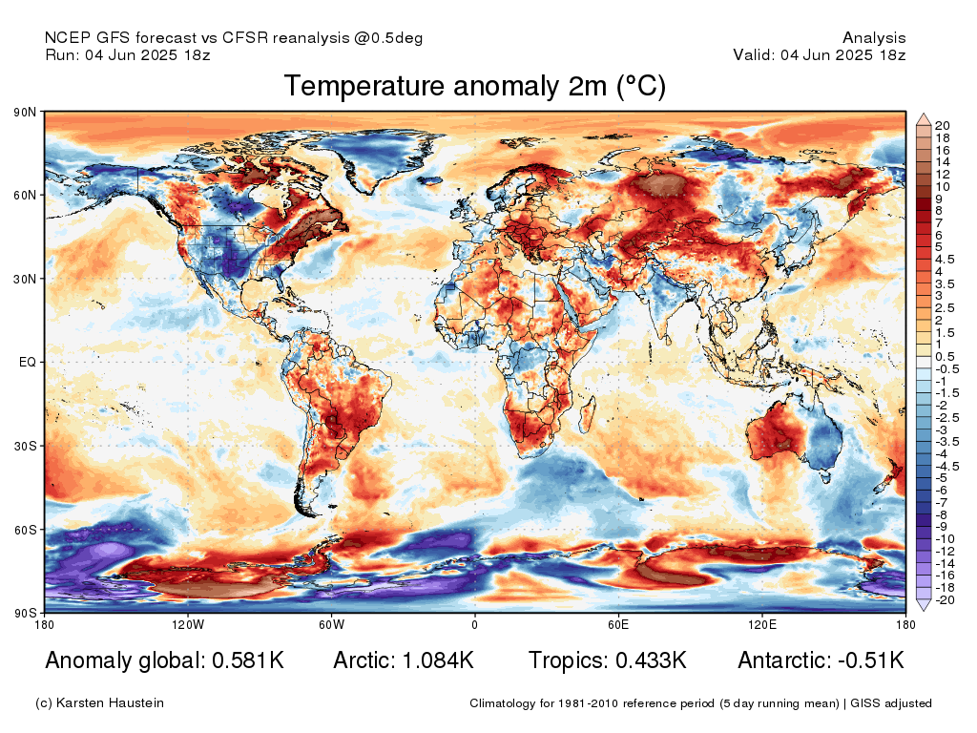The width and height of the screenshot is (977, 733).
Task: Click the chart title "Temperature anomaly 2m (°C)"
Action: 475,86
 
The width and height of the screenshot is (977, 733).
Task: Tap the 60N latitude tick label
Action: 25,195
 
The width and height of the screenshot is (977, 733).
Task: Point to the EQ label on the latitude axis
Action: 28,362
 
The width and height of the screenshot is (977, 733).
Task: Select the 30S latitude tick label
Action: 26,447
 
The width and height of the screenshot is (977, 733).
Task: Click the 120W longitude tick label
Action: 188,624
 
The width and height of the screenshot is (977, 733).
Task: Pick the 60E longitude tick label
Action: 618,624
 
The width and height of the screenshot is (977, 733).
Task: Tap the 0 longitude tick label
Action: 475,624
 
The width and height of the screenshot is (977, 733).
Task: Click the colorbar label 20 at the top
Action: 942,126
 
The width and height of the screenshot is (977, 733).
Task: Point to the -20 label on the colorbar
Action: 946,600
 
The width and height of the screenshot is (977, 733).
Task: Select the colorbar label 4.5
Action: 945,260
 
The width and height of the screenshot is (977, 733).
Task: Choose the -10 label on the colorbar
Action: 946,539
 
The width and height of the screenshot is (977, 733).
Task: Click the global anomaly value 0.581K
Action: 248,660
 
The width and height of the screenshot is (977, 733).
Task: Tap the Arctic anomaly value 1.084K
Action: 438,660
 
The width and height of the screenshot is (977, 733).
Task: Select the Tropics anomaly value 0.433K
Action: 651,660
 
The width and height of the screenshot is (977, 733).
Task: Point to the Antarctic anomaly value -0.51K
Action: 870,660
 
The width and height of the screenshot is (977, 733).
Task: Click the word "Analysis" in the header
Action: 874,38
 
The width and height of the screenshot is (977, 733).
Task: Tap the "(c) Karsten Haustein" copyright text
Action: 99,703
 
